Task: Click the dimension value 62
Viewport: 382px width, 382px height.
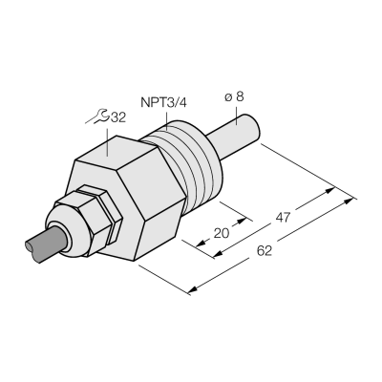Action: click(265, 251)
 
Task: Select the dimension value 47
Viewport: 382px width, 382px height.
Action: click(283, 218)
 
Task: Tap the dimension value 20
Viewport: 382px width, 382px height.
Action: click(222, 233)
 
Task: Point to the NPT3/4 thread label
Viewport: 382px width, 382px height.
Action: click(164, 103)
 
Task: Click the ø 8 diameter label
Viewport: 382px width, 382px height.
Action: click(234, 96)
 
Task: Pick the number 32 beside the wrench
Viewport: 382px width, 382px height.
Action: click(118, 117)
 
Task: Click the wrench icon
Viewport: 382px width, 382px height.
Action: click(97, 117)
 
